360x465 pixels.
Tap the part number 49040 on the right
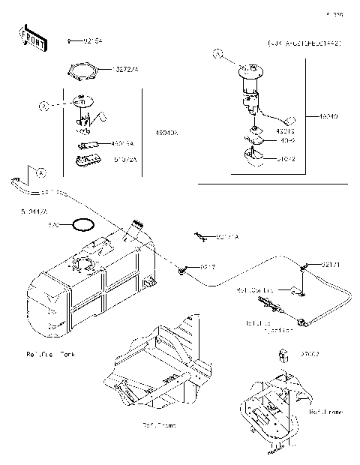pyautogui.click(x=328, y=116)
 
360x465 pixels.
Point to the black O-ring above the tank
pyautogui.click(x=80, y=224)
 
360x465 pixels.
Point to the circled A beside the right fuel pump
pyautogui.click(x=218, y=54)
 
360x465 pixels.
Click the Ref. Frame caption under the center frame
pyautogui.click(x=158, y=425)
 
